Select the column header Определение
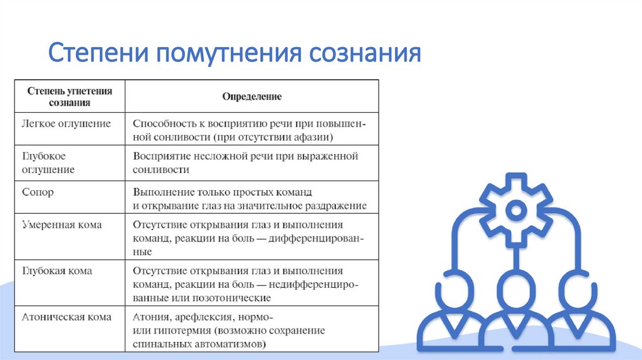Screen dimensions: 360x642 pos(252,97)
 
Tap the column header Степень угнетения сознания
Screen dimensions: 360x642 pos(70,97)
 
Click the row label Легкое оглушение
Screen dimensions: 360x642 pos(66,124)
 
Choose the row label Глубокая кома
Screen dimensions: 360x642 pos(57,270)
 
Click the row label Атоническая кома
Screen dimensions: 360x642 pos(66,317)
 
